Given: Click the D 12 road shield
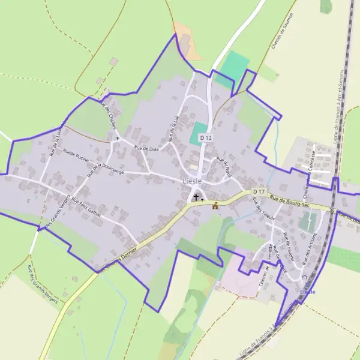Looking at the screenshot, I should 206,138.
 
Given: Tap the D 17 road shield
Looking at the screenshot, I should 259,191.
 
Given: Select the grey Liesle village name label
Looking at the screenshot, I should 192,181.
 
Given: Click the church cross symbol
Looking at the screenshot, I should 196,197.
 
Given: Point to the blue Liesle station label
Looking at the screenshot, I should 307,292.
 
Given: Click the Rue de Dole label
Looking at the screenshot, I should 146,148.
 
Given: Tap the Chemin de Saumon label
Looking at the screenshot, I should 283,31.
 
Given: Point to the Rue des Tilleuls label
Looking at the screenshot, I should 265,209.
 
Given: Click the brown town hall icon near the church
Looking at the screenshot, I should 215,206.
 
